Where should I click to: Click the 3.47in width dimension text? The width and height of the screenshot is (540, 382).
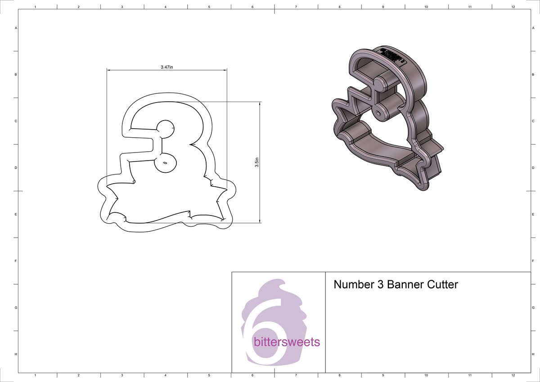point(167,67)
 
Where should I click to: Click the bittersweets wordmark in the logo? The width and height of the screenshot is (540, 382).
point(287,342)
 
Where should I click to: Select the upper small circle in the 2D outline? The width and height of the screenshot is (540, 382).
point(165,129)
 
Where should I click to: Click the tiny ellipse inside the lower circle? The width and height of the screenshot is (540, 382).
point(165,162)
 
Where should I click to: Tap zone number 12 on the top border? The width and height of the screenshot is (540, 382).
point(513,7)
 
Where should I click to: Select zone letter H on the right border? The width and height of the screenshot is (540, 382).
point(532,355)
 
